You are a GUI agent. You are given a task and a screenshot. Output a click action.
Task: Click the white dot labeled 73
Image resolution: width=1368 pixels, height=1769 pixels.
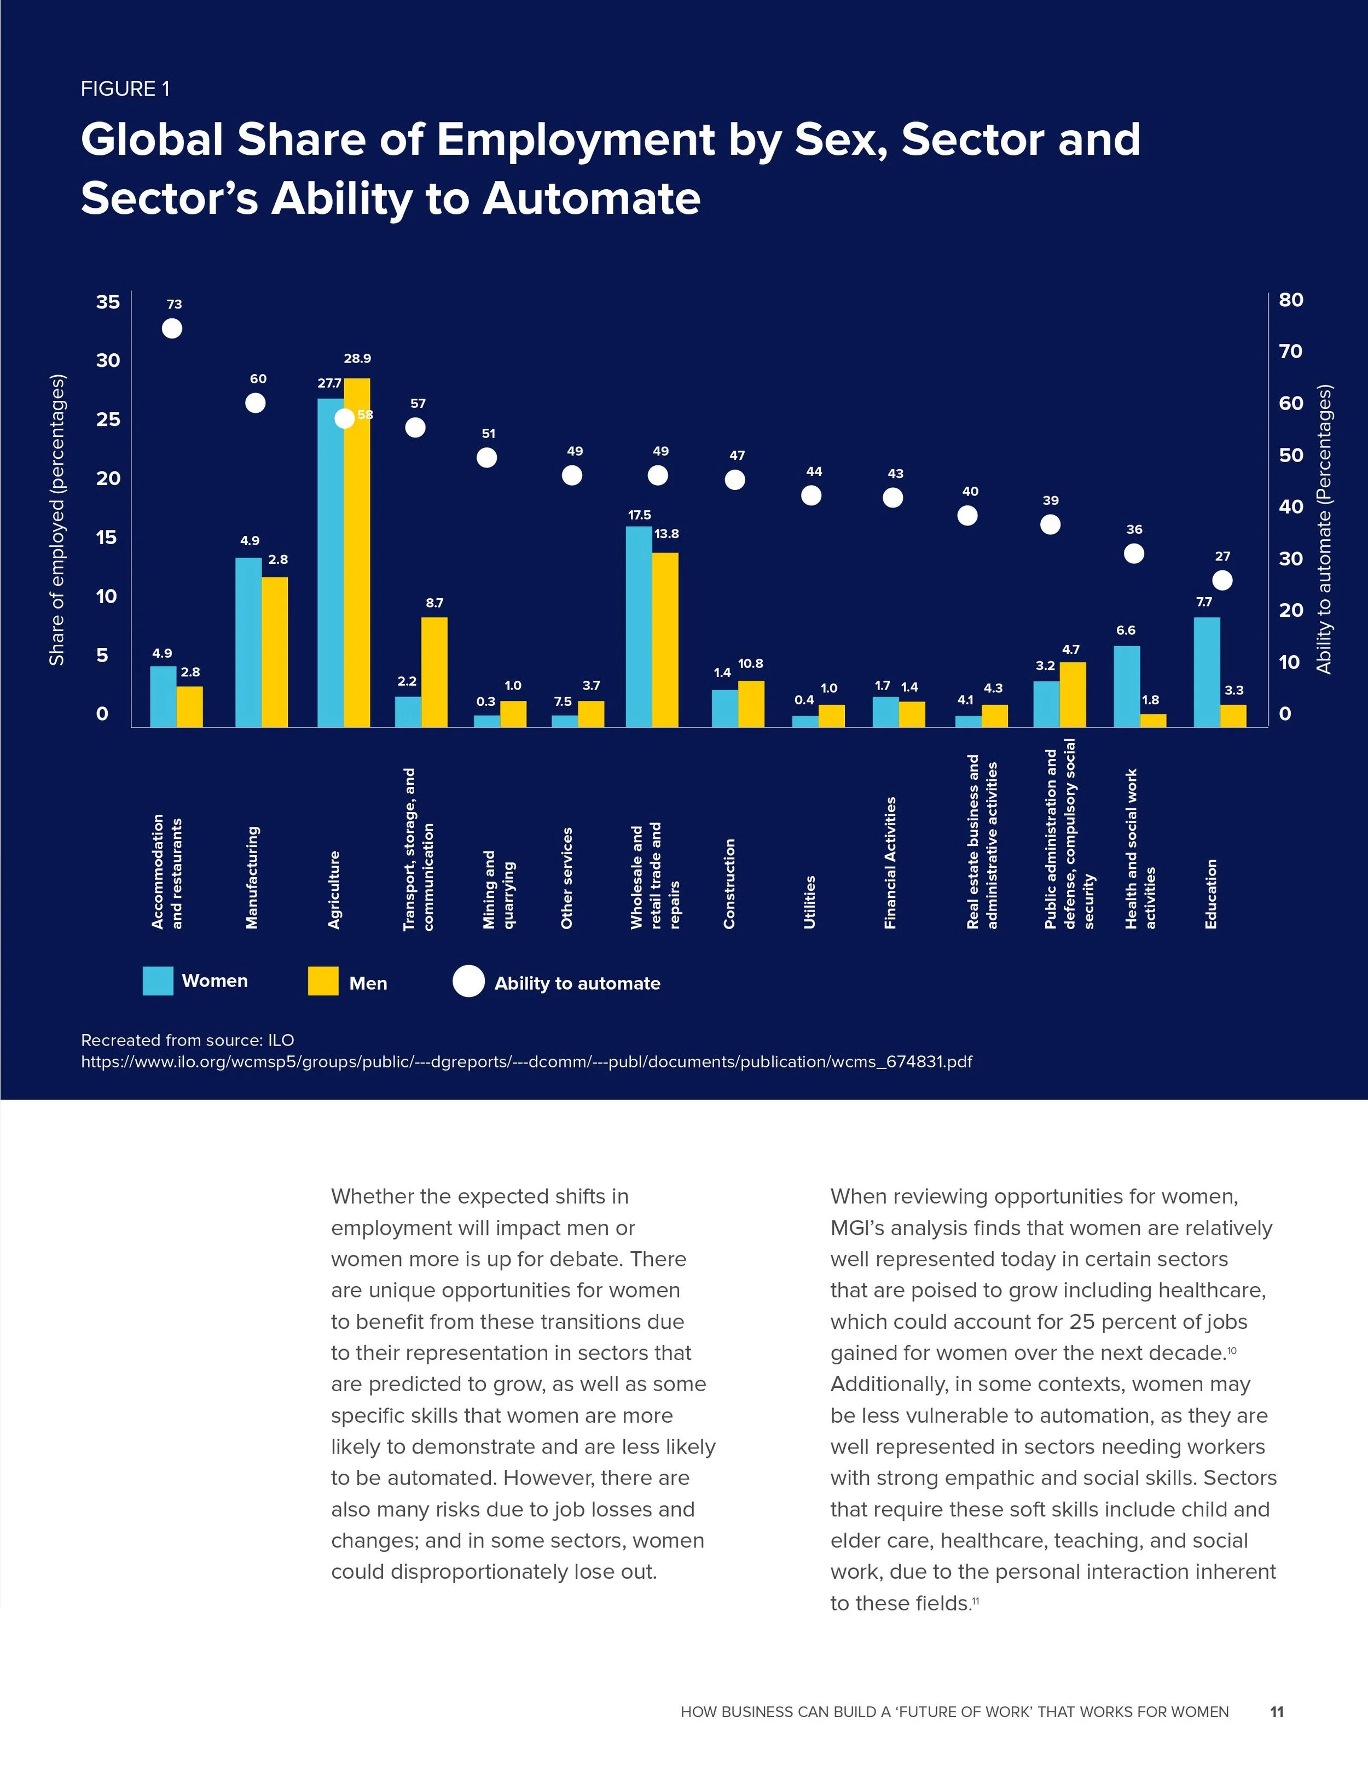click(172, 328)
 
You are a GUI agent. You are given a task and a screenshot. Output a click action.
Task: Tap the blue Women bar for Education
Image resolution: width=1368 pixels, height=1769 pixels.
click(1207, 672)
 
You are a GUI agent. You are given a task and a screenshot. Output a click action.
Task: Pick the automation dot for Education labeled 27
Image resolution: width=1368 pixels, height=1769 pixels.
click(1222, 580)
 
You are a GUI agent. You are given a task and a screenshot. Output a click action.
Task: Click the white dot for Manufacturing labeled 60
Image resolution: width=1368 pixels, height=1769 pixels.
click(256, 402)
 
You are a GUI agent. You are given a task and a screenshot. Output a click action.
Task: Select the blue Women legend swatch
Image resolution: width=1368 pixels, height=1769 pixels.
click(158, 981)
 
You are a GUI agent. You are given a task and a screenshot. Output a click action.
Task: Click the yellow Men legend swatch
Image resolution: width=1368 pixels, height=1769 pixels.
click(323, 981)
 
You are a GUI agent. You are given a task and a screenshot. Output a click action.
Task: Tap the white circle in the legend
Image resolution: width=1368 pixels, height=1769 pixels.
click(468, 981)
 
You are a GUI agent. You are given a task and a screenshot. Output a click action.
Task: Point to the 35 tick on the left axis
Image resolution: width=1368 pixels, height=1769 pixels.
click(108, 302)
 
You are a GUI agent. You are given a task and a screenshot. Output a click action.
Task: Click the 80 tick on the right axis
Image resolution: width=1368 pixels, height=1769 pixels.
click(1291, 300)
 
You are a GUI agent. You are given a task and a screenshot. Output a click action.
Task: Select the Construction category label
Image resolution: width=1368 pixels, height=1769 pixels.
click(729, 884)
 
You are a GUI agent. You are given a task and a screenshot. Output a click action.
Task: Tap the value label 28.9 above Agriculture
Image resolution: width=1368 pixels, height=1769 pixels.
click(357, 359)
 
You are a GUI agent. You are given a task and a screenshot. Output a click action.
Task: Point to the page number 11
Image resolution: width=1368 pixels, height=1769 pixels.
click(1277, 1712)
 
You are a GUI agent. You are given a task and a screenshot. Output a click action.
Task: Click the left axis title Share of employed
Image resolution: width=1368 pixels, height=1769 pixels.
click(57, 520)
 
